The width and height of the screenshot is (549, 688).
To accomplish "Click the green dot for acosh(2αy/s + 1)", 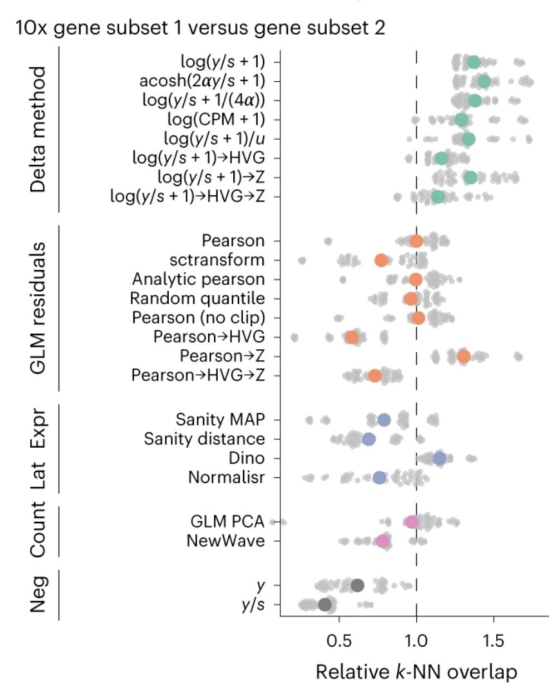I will [x=484, y=81].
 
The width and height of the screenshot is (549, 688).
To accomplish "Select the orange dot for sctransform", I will [x=381, y=260].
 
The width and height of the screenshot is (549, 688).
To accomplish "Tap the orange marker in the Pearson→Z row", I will [x=463, y=356].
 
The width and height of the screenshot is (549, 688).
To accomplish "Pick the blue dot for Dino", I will [x=439, y=458].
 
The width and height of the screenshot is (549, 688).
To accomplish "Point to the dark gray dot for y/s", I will [x=325, y=604].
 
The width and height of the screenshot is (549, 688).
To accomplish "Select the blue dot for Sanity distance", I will [x=369, y=439].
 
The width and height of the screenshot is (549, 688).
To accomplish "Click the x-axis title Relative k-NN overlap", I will [x=416, y=672].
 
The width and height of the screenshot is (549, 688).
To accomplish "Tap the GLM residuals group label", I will [x=39, y=307].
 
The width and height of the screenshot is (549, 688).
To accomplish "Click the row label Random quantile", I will [x=197, y=298].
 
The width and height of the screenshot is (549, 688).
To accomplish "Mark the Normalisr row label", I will [x=226, y=477].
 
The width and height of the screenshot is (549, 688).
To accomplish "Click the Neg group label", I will [x=39, y=595].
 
